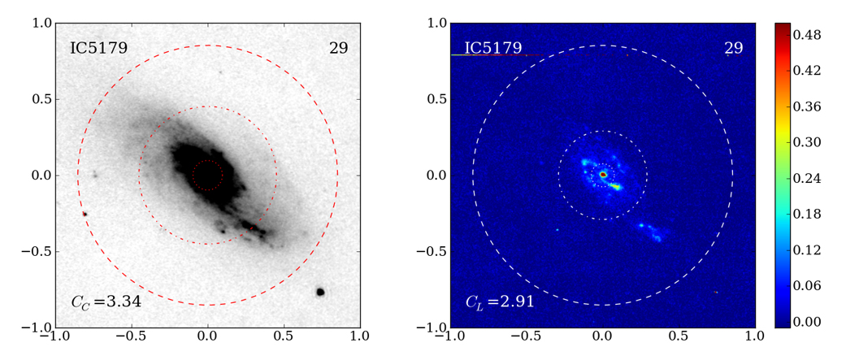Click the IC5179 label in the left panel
click(x=98, y=48)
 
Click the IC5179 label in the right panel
click(x=492, y=48)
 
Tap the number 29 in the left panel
click(x=338, y=48)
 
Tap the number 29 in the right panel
click(x=733, y=48)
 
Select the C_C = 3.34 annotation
click(x=106, y=301)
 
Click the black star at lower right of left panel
click(x=320, y=291)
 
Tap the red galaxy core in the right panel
click(x=603, y=174)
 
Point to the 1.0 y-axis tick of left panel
click(x=41, y=23)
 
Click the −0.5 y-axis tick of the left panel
click(x=37, y=252)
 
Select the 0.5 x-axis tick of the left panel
click(x=284, y=335)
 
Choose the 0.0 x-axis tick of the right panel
click(x=603, y=335)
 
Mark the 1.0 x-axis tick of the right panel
click(x=755, y=335)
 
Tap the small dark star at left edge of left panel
click(x=85, y=214)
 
